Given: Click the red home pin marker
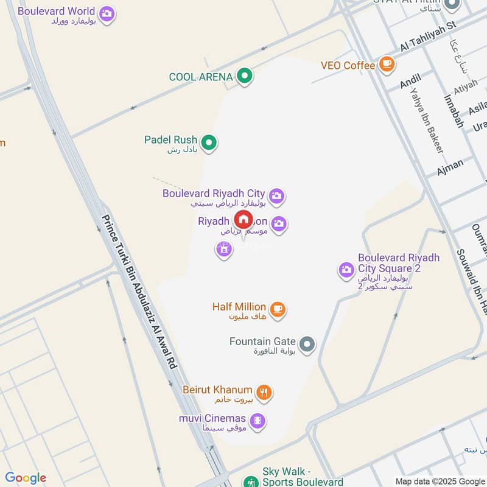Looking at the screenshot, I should (x=243, y=219).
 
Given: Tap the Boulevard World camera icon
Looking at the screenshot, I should (x=107, y=13).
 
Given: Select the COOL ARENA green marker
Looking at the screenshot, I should (x=245, y=77).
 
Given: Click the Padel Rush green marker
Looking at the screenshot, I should (x=209, y=143).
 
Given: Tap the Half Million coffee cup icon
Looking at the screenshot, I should (x=278, y=309).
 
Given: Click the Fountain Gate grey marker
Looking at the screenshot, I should (x=307, y=345).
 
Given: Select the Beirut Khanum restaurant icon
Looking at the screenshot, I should (x=264, y=393).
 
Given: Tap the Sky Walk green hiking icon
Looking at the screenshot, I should (x=250, y=481).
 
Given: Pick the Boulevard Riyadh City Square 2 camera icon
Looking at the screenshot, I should (x=346, y=269).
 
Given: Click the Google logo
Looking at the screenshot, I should (x=26, y=478).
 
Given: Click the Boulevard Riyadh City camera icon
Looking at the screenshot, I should (x=277, y=196).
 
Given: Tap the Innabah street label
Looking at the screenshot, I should (x=454, y=111).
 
